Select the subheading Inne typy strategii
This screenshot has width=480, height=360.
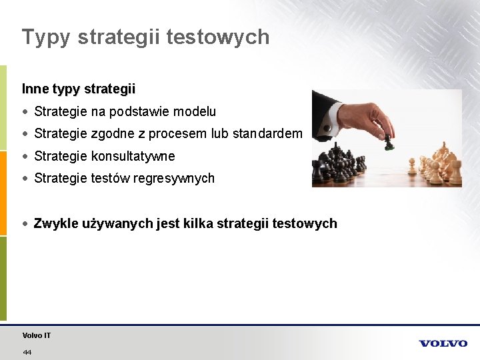[x=79, y=89]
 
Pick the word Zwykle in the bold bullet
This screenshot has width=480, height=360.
[x=55, y=223]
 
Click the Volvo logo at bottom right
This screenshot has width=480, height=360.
[x=443, y=343]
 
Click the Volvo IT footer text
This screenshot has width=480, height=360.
[x=37, y=335]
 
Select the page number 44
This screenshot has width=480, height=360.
[x=27, y=351]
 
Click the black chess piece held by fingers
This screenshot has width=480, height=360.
[x=387, y=141]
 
